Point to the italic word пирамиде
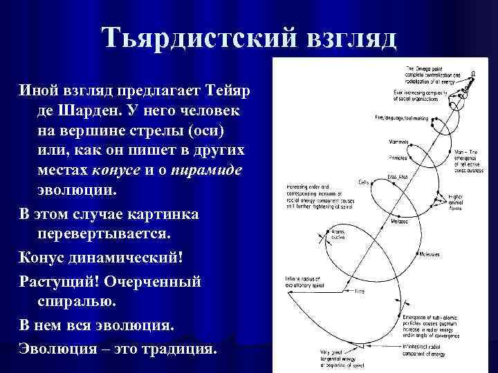click(x=204, y=170)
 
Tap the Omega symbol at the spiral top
click(x=473, y=73)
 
